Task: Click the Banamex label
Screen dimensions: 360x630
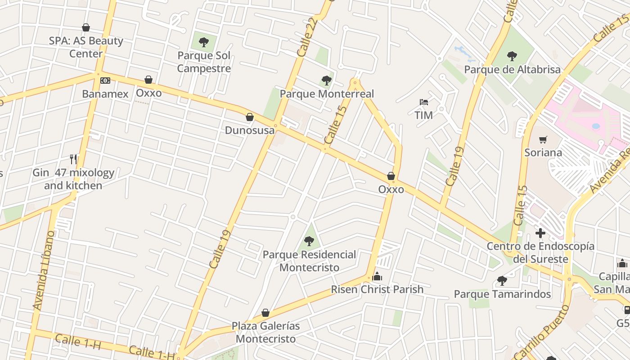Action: [105, 94]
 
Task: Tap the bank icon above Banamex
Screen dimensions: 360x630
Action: [105, 81]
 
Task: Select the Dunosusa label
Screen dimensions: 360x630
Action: [250, 130]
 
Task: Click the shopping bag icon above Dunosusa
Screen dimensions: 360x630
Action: [250, 117]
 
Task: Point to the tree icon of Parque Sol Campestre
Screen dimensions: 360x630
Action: [204, 43]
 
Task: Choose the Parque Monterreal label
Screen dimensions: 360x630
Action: [327, 94]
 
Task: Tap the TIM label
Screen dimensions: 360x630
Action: [423, 115]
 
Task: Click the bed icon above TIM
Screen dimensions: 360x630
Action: [423, 102]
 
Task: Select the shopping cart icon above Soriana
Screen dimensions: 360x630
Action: [543, 139]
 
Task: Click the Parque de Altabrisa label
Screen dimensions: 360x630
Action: [512, 70]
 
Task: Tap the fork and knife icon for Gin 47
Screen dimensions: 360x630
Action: [73, 159]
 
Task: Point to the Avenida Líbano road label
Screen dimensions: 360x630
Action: [44, 270]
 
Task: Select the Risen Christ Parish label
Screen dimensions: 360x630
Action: [377, 289]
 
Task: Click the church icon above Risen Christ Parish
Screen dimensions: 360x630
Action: [377, 276]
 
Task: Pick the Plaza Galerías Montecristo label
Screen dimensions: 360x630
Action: [265, 332]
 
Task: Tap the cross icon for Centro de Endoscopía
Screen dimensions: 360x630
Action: [540, 233]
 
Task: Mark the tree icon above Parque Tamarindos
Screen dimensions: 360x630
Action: [502, 281]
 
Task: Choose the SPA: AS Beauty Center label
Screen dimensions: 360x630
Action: [86, 47]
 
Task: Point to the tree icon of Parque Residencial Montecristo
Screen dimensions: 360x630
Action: [309, 241]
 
